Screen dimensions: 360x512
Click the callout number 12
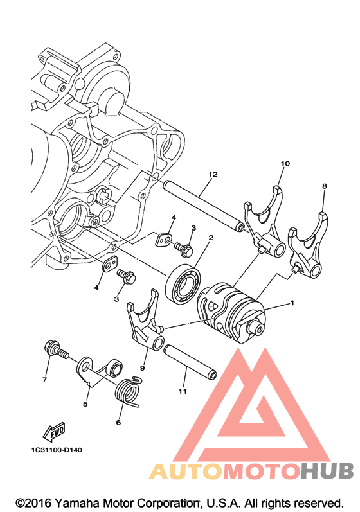[213, 175]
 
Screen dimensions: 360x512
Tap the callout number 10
[285, 163]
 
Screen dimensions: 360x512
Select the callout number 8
[325, 186]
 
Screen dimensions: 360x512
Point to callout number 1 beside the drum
[292, 303]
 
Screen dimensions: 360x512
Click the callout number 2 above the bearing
[211, 238]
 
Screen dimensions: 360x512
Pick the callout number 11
[183, 391]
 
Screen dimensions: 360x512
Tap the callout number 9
[143, 368]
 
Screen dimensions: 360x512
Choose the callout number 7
[44, 380]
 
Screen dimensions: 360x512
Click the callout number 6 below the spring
[118, 422]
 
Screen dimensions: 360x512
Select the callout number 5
[85, 404]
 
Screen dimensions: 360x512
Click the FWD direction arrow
[53, 431]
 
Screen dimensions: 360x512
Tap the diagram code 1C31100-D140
[57, 450]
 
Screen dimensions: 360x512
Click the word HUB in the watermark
[327, 471]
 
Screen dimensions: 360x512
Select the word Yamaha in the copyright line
[77, 502]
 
